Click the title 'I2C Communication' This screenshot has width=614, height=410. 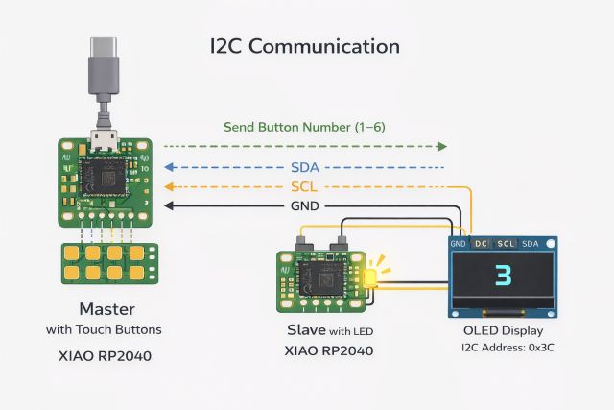[304, 46]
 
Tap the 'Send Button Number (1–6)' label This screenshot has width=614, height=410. [304, 127]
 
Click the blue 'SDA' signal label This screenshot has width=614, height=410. [304, 167]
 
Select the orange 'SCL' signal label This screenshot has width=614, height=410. [304, 186]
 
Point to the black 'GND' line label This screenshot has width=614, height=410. [304, 205]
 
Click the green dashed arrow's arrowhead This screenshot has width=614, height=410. [441, 146]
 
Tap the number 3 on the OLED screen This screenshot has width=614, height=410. [503, 277]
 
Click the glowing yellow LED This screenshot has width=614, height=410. [368, 277]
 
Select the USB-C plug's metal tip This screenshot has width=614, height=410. [104, 48]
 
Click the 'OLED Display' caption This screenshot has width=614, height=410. [503, 331]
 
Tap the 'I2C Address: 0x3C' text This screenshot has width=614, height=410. [503, 348]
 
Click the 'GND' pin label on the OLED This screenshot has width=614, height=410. [459, 244]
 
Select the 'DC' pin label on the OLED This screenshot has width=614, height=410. [481, 244]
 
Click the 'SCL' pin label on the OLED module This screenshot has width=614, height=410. [507, 244]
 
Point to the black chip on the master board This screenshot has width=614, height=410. [104, 177]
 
